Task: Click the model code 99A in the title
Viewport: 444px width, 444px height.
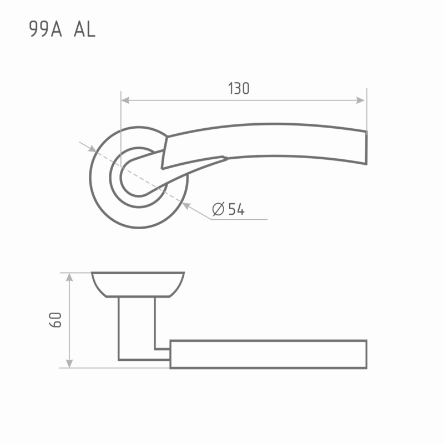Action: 46,29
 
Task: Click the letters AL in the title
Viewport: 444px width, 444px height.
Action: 85,29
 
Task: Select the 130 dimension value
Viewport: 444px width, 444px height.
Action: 239,88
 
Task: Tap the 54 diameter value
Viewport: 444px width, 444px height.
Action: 236,209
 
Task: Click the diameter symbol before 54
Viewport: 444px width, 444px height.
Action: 218,209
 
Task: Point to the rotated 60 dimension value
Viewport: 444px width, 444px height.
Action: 55,320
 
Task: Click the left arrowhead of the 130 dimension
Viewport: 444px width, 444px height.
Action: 125,100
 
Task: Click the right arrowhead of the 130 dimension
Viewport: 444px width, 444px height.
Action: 360,100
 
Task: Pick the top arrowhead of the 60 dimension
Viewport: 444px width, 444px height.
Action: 69,277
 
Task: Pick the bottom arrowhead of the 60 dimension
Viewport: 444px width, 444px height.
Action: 69,364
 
